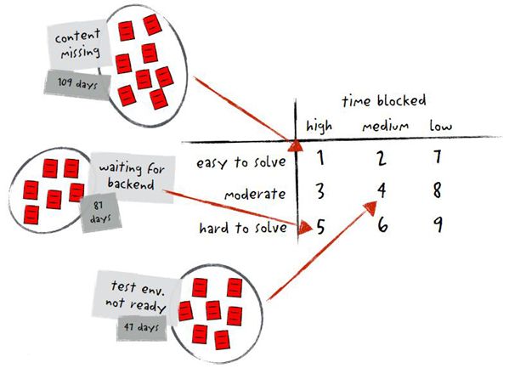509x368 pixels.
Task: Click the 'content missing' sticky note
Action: [79, 44]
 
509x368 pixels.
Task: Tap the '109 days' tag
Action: [77, 84]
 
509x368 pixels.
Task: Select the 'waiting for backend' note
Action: [132, 177]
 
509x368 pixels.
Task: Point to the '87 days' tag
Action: [100, 212]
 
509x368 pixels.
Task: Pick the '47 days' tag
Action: [142, 327]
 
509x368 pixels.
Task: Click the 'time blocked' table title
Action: [384, 100]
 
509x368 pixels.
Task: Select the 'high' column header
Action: [320, 126]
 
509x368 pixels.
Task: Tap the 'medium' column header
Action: [385, 126]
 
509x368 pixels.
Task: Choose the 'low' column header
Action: [440, 126]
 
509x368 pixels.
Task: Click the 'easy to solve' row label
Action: [240, 162]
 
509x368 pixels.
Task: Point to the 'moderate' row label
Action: [255, 195]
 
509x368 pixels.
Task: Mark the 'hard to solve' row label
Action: [243, 228]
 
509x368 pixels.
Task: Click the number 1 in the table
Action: [320, 158]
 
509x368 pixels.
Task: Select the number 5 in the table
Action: [320, 226]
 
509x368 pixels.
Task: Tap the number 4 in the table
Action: [382, 190]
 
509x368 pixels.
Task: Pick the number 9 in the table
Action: [438, 224]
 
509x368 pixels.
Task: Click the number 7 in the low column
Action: [438, 156]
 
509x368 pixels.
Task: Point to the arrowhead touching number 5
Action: [305, 227]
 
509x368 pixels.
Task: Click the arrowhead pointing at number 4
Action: [370, 208]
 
